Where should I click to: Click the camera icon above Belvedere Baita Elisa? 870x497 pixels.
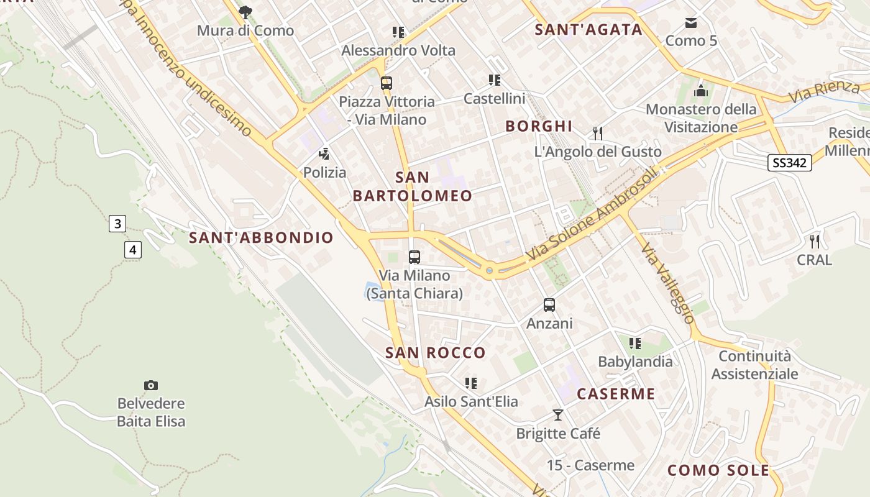[150, 385]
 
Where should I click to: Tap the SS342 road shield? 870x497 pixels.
[790, 163]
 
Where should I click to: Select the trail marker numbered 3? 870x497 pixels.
[117, 224]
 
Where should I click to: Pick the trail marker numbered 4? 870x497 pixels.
[132, 250]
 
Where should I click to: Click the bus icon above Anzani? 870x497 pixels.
[549, 305]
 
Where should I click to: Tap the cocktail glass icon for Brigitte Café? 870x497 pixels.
[558, 414]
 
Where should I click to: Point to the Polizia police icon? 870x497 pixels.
[324, 153]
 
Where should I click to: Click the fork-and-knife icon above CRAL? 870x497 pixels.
[815, 241]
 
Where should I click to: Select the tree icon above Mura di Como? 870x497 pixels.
[245, 12]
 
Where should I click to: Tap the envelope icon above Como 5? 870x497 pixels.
[691, 23]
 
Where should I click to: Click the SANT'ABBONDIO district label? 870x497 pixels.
[261, 238]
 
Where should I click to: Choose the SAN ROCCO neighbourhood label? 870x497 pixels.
[436, 353]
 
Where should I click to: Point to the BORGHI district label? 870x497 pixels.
[539, 126]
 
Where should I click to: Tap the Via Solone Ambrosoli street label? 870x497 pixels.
[591, 215]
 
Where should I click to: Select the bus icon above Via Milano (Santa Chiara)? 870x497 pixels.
[414, 257]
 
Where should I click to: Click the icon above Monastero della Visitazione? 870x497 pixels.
[701, 91]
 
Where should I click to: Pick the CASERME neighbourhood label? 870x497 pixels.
[616, 394]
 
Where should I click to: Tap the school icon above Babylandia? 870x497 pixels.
[634, 343]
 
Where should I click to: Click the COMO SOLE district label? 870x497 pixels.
[718, 470]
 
